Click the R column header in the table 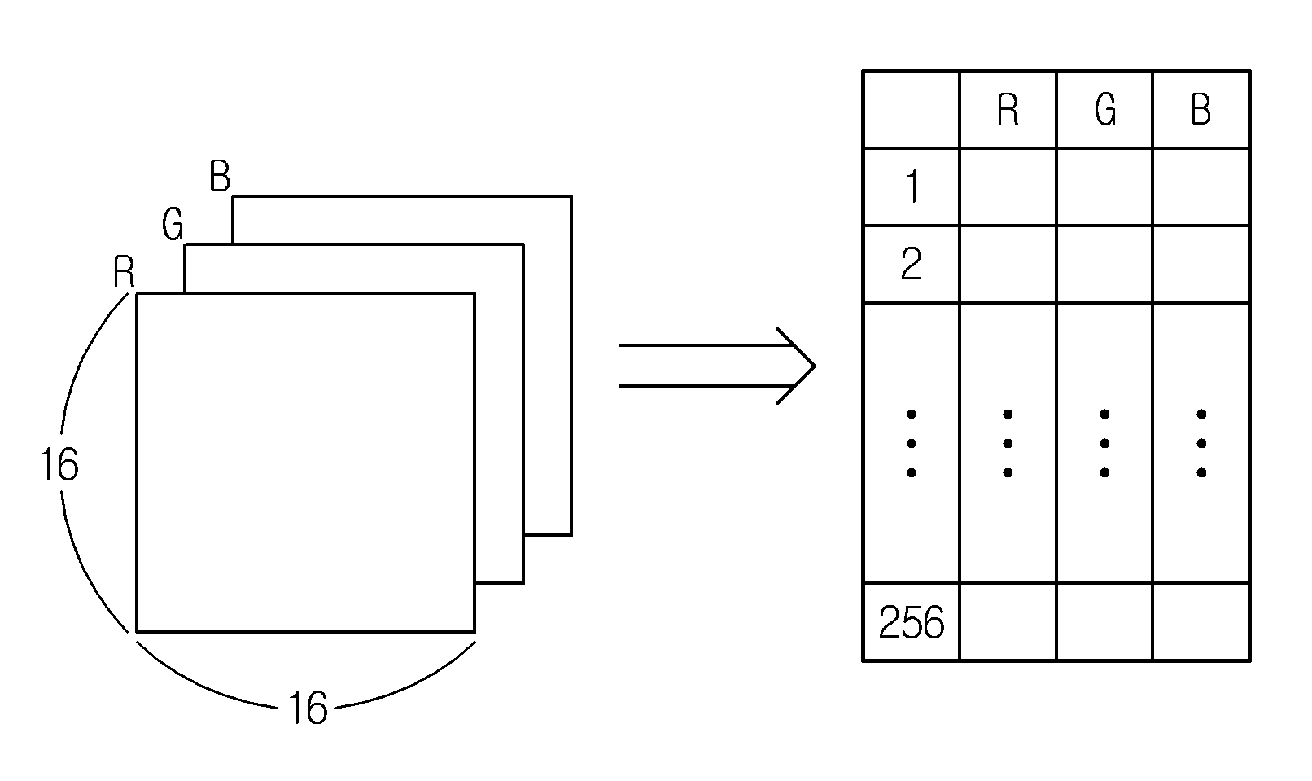pyautogui.click(x=1008, y=110)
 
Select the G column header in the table pyautogui.click(x=1105, y=110)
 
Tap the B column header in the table pyautogui.click(x=1200, y=110)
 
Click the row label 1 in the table pyautogui.click(x=912, y=186)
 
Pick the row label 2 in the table pyautogui.click(x=912, y=264)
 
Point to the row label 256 pyautogui.click(x=912, y=622)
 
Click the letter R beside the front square pyautogui.click(x=124, y=272)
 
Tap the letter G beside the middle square pyautogui.click(x=173, y=225)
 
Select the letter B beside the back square pyautogui.click(x=220, y=176)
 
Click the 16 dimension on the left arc pyautogui.click(x=59, y=465)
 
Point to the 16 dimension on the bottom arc pyautogui.click(x=308, y=709)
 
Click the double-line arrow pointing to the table pyautogui.click(x=717, y=366)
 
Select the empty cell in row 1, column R pyautogui.click(x=1008, y=186)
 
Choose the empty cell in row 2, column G pyautogui.click(x=1104, y=264)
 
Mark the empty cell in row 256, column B pyautogui.click(x=1200, y=622)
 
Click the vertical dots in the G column pyautogui.click(x=1104, y=444)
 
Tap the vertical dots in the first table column pyautogui.click(x=912, y=444)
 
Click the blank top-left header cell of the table pyautogui.click(x=912, y=110)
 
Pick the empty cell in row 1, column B pyautogui.click(x=1200, y=186)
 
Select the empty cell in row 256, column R pyautogui.click(x=1008, y=622)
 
